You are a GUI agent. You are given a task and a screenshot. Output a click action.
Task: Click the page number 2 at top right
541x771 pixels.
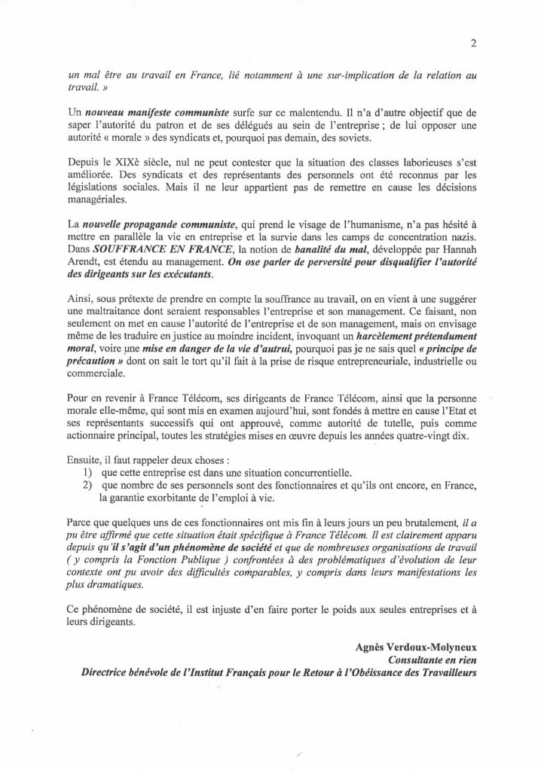click(x=472, y=43)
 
